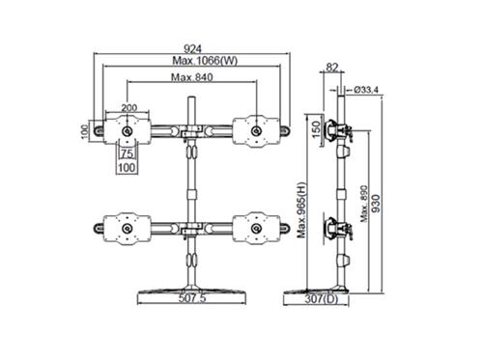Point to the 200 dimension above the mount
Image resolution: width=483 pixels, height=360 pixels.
coord(128,108)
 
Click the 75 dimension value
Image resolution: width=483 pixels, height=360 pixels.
coord(126,152)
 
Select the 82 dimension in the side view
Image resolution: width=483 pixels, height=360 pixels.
coord(332,68)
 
